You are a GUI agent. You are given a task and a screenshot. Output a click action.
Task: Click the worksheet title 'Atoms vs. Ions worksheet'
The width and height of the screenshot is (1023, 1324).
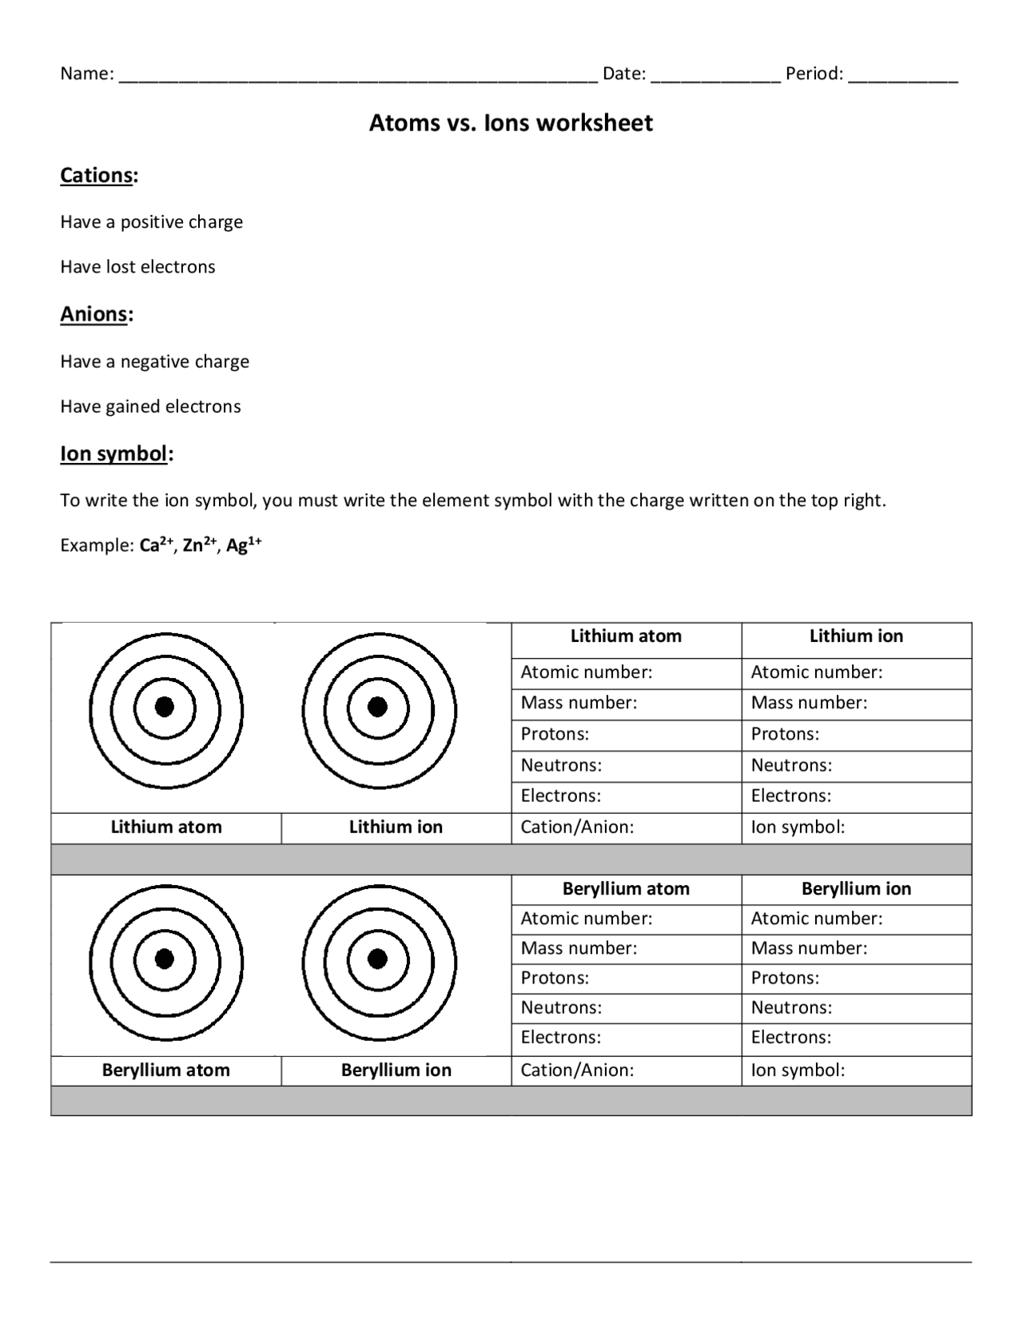511,122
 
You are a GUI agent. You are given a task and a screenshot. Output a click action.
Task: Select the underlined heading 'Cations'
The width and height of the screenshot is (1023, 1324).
96,175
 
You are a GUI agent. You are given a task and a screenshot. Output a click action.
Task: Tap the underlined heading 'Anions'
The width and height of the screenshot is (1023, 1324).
94,314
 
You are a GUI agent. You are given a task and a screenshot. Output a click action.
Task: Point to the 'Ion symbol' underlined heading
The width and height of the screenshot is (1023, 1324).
113,453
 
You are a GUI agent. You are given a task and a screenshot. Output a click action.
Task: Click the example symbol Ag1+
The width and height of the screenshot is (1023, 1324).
244,545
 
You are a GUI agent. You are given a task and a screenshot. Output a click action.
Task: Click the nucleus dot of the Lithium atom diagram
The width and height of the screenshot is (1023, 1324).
165,707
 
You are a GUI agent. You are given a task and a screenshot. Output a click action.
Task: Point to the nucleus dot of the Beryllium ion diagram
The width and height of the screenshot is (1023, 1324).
377,959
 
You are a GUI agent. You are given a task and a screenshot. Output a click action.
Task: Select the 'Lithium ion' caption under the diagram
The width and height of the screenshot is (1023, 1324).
396,827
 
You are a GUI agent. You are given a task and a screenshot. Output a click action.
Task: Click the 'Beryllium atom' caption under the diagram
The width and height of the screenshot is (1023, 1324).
165,1071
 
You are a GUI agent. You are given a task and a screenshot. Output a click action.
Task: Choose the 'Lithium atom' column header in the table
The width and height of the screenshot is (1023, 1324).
626,636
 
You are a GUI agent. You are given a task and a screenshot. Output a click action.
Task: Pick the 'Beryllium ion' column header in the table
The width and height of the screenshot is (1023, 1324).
856,889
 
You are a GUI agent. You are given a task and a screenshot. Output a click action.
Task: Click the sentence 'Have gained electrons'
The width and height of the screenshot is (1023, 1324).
150,406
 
